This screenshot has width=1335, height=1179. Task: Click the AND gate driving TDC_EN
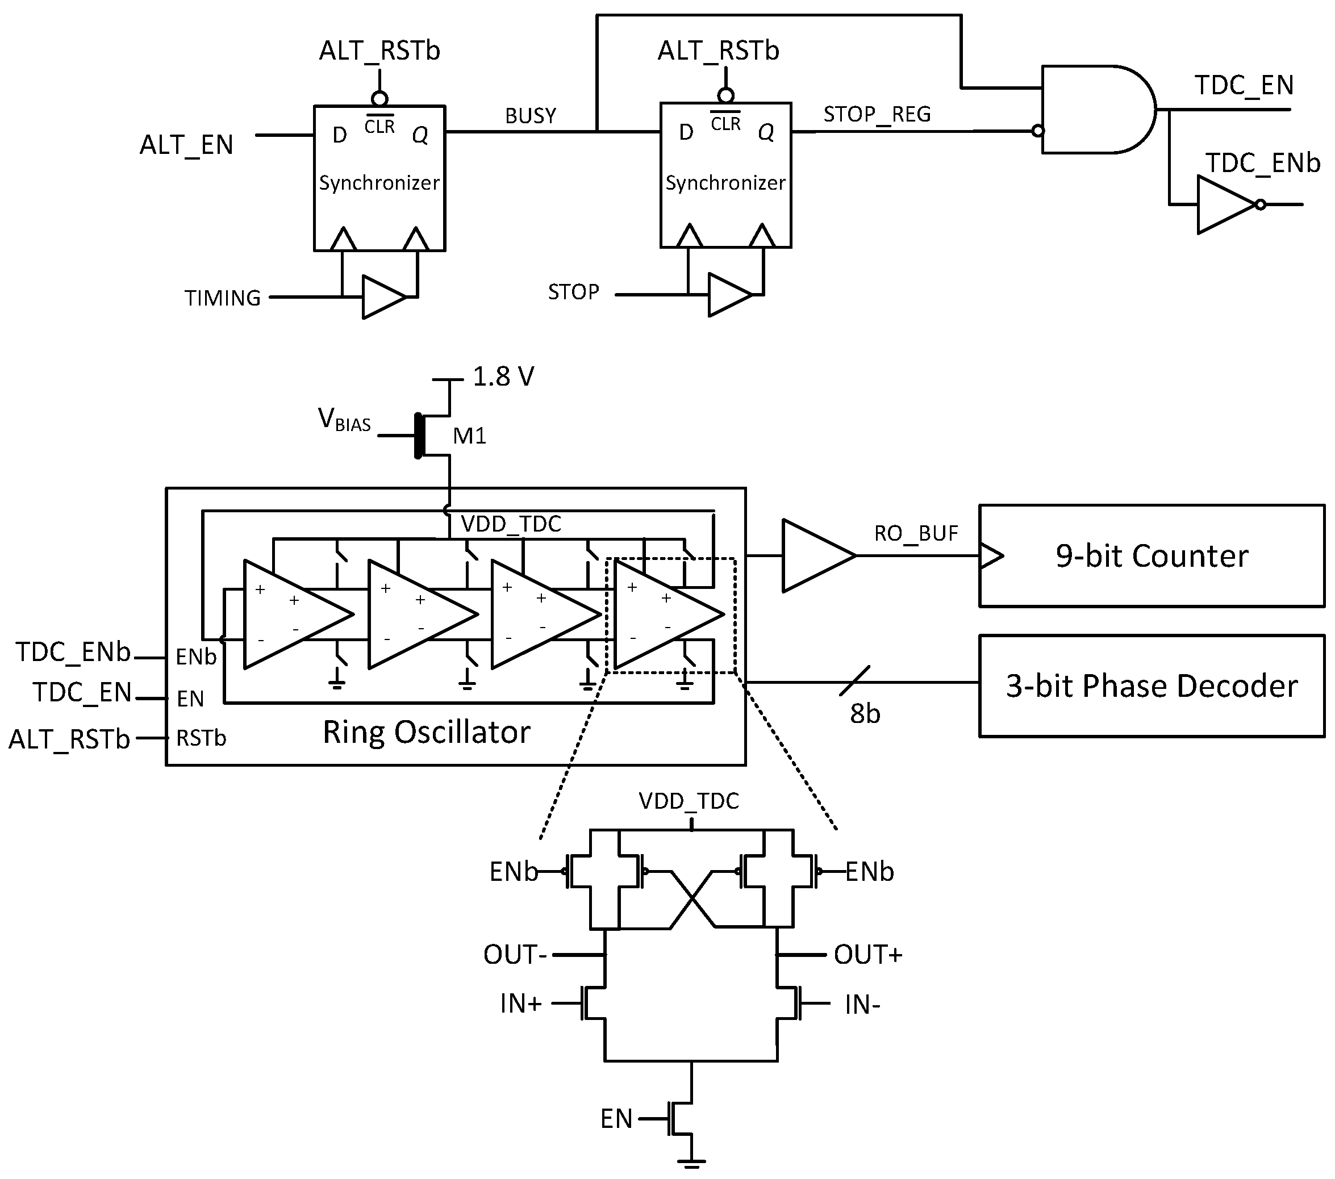pos(1094,109)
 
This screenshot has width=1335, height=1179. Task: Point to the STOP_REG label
pos(877,114)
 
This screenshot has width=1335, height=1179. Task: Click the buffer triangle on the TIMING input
pos(383,297)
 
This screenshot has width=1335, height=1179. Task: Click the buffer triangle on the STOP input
pos(728,295)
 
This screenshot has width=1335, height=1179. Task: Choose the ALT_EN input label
pos(186,144)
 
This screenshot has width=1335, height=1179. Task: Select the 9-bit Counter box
pos(1151,555)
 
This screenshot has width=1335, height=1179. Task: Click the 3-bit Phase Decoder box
pos(1151,686)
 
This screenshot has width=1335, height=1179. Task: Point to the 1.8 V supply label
pos(503,377)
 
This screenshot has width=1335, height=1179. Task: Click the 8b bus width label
pos(865,713)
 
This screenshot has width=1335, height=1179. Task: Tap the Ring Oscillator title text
pos(427,732)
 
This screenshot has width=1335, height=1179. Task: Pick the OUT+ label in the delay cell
pos(867,955)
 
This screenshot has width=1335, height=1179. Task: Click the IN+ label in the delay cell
pos(520,1004)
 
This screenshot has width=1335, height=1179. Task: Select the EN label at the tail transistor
pos(616,1119)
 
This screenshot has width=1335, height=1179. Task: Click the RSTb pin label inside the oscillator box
pos(201,738)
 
